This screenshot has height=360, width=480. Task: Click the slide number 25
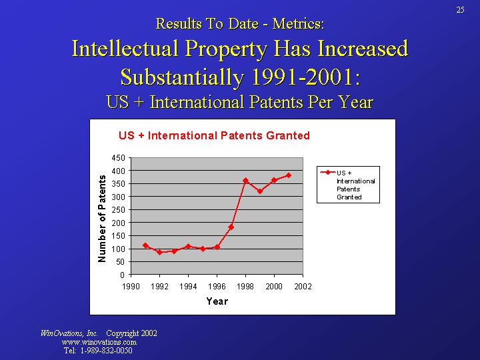[460, 9]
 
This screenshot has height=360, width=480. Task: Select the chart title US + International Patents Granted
[214, 135]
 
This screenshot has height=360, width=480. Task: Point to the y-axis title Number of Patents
[102, 217]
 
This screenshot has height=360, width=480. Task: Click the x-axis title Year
[217, 301]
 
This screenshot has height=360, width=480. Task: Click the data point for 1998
[245, 181]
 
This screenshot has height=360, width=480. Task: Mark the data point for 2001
[289, 175]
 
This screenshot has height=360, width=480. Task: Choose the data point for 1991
[145, 245]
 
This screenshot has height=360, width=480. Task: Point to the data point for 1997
[231, 227]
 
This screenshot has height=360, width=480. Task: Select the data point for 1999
[260, 191]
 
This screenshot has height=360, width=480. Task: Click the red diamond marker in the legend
[327, 172]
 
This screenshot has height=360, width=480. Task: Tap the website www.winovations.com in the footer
[99, 342]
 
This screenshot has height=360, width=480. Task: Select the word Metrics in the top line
[298, 23]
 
